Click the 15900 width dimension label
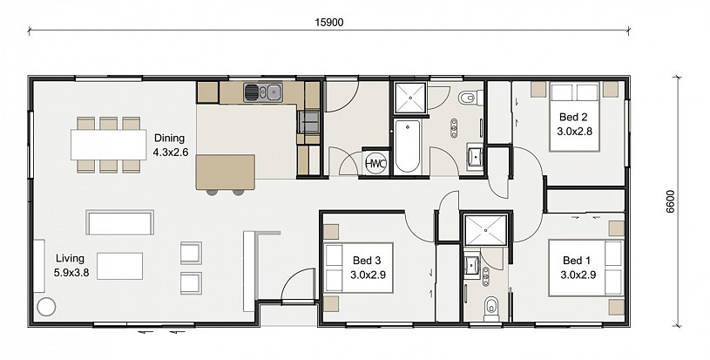(x=329, y=22)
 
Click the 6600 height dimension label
(x=671, y=201)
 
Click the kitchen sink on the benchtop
(x=262, y=92)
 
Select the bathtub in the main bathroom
(x=407, y=146)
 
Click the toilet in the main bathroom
(x=468, y=97)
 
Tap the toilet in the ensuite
(x=490, y=307)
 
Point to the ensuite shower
(x=486, y=230)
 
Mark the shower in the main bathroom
(x=410, y=98)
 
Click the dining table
(x=109, y=145)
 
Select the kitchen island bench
(x=225, y=172)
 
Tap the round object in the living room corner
(x=45, y=308)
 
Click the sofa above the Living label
(x=120, y=222)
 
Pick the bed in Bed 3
(x=359, y=268)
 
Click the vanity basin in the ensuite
(x=471, y=264)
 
